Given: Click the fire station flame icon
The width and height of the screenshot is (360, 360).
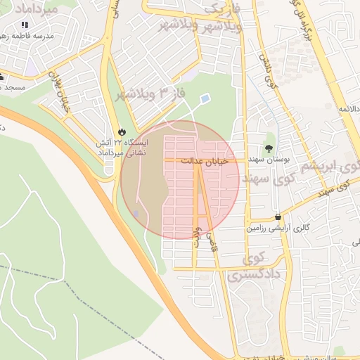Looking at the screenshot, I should [122, 131].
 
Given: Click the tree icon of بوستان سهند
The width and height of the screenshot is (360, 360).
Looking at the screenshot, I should [268, 147].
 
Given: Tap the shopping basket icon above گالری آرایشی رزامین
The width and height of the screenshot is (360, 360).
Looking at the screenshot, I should [279, 217].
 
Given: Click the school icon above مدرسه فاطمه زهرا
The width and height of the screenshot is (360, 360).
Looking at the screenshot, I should [25, 25].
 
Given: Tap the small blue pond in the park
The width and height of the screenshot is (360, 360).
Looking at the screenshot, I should [205, 99].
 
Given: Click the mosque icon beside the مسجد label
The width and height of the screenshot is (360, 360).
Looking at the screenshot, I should [1, 76].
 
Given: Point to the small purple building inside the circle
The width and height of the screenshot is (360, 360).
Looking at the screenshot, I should [136, 212].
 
